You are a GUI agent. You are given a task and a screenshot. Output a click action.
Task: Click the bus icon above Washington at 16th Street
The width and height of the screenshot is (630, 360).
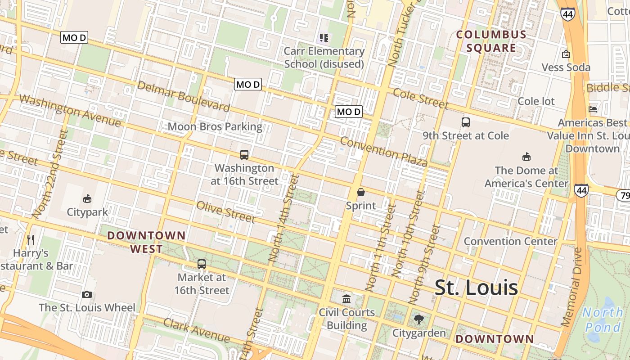(244, 155)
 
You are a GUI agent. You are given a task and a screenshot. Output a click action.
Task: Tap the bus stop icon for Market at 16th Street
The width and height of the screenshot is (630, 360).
(202, 264)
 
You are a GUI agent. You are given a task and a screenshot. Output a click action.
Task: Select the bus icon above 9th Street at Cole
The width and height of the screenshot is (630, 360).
(466, 122)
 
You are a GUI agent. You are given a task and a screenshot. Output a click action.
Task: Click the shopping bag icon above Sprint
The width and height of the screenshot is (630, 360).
(360, 192)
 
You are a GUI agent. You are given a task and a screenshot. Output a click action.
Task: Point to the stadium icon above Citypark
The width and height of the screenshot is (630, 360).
(87, 198)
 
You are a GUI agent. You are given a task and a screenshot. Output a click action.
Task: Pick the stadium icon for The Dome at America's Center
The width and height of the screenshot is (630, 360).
(526, 157)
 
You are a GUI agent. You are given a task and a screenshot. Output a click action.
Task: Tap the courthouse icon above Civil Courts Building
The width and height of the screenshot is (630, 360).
(346, 298)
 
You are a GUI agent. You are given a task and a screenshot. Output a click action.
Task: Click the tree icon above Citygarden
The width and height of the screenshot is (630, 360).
(419, 319)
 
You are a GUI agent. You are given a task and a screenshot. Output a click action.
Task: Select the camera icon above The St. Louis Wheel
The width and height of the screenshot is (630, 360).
(87, 294)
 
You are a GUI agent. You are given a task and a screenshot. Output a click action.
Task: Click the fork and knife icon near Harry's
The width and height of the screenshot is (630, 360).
(31, 239)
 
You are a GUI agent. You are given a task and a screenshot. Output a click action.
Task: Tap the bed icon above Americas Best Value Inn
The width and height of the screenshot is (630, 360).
(593, 109)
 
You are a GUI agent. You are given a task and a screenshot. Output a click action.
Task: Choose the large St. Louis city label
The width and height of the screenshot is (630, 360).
(476, 288)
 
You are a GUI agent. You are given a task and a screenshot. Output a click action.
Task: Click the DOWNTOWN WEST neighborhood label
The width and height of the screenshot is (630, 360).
(147, 242)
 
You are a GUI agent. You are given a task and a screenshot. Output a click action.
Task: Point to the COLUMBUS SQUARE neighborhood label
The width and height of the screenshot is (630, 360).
(491, 41)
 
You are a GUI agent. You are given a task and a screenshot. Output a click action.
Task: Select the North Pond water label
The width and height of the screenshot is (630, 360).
(603, 319)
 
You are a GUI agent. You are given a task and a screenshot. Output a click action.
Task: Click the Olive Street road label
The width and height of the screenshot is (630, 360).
(226, 212)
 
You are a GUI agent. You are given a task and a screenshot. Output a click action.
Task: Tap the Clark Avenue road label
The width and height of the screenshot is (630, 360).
(197, 330)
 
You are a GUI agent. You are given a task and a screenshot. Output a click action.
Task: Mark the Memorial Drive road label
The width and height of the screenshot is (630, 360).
(572, 287)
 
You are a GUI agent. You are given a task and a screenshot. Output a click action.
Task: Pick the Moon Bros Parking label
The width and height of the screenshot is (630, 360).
(215, 126)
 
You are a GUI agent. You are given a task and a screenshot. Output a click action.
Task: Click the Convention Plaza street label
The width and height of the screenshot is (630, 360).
(383, 152)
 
